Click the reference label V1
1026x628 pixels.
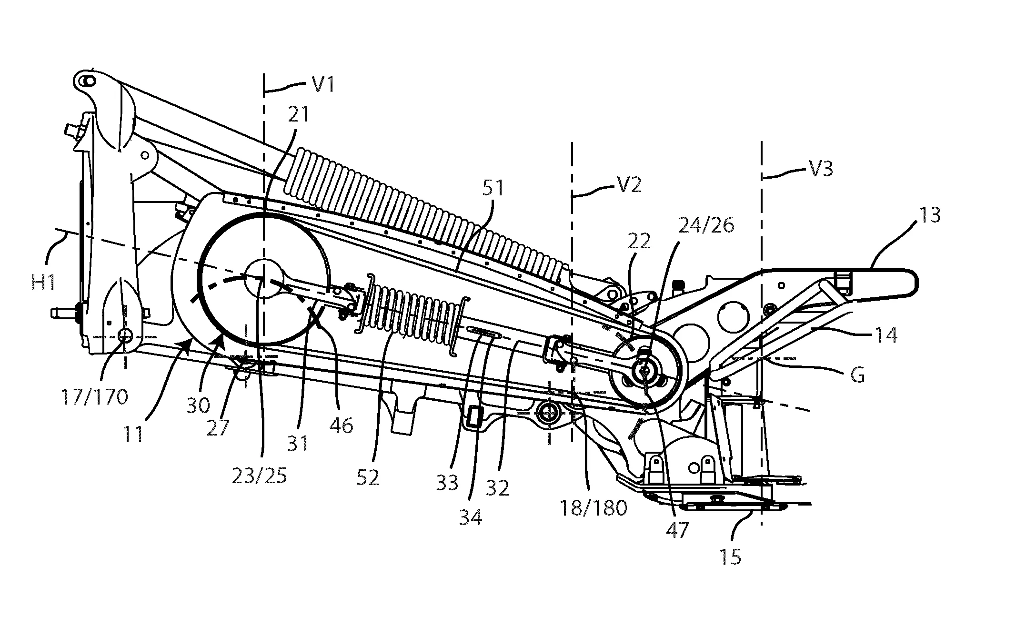point(323,85)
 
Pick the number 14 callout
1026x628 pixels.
point(885,334)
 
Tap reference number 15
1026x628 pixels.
point(730,557)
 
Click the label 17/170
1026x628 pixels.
point(95,396)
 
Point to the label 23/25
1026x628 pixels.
point(259,476)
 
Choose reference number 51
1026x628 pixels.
point(493,189)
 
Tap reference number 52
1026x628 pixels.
point(368,477)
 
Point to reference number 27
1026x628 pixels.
point(218,427)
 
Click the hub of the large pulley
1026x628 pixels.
point(264,279)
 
